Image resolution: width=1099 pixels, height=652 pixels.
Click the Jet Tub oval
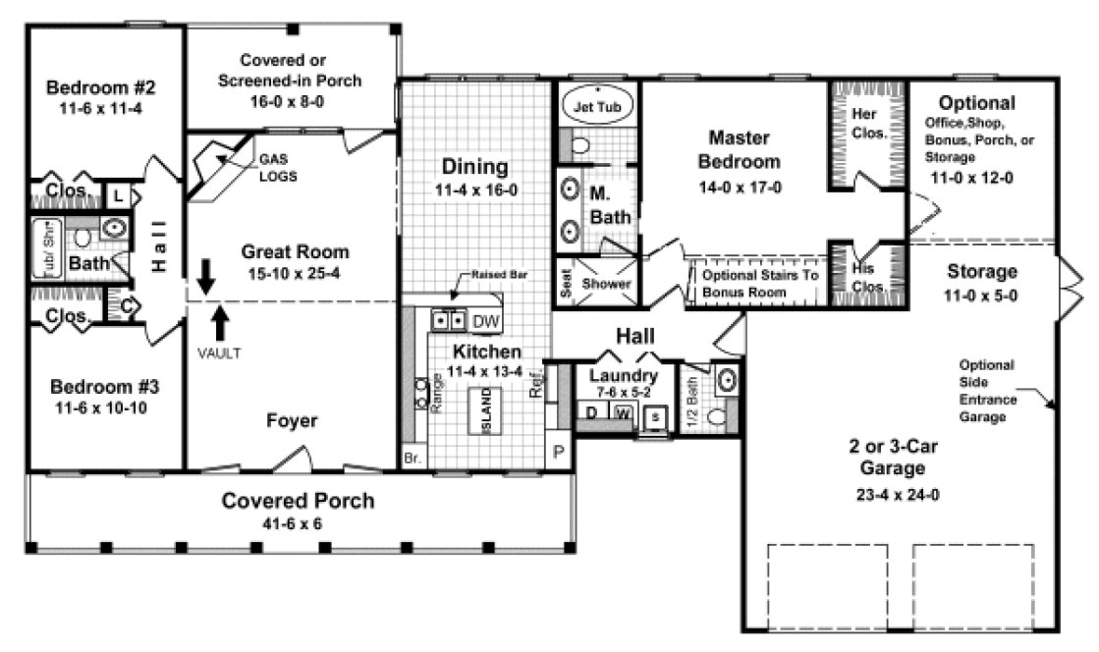pyautogui.click(x=596, y=105)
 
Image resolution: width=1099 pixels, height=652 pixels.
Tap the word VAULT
pyautogui.click(x=219, y=353)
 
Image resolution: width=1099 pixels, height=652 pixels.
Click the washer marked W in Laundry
pyautogui.click(x=622, y=412)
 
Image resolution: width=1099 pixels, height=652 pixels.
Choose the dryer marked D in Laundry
pyautogui.click(x=592, y=412)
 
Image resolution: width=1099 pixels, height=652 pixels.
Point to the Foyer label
pyautogui.click(x=293, y=421)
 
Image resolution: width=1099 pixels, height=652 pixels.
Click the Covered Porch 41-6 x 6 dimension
pyautogui.click(x=298, y=524)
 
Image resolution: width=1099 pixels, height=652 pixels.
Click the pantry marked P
pyautogui.click(x=558, y=453)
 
